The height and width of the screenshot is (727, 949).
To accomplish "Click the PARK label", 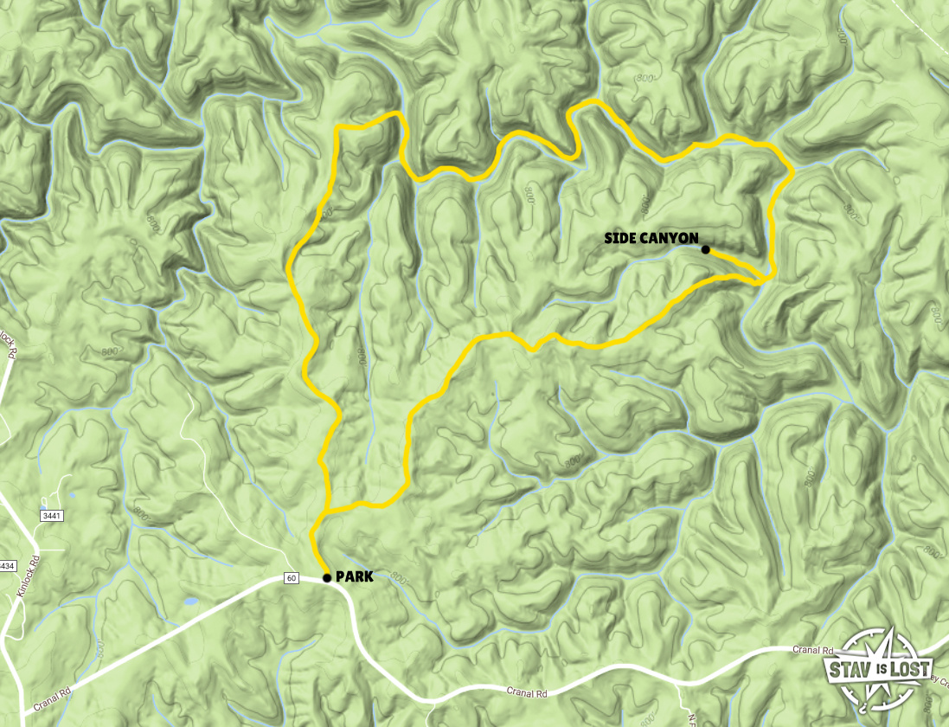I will [354, 576].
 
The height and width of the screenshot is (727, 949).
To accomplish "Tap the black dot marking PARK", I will [326, 577].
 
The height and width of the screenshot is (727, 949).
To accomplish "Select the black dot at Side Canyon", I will [706, 250].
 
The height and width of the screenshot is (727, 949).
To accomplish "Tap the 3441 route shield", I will [52, 515].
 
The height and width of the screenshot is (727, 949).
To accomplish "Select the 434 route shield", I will [7, 565].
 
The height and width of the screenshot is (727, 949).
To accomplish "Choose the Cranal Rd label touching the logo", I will [814, 649].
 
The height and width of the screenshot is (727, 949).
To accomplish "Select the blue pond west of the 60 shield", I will [189, 600].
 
